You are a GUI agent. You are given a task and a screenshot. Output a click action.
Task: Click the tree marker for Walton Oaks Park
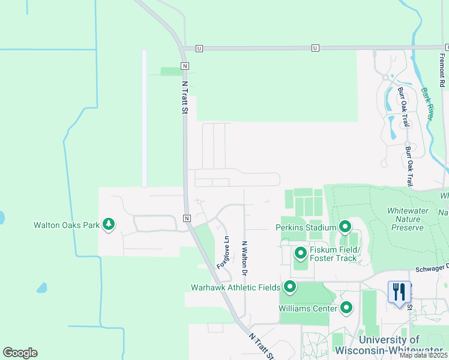point(109,225)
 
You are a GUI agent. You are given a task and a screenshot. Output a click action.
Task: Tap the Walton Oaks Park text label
point(67,226)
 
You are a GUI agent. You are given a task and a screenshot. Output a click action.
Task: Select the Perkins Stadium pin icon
point(345,227)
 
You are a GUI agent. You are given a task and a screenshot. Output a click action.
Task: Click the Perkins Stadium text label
point(306,228)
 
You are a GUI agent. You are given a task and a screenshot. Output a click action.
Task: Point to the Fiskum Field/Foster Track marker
point(301,254)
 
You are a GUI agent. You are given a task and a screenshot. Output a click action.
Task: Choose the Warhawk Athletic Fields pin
point(290,287)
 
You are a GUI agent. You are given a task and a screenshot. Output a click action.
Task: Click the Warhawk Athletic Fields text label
point(235,287)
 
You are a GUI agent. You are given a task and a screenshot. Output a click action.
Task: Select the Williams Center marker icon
point(346,308)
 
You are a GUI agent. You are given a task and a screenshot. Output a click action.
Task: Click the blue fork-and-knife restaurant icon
point(399,292)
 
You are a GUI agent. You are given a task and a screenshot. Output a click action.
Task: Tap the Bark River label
point(427,103)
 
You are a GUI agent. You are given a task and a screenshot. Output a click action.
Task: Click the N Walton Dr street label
point(245,259)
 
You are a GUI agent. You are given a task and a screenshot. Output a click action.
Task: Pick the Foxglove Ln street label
point(223,255)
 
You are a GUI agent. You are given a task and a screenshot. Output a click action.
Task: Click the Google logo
point(20,352)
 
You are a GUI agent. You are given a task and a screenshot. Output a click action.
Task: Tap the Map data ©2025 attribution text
point(423,355)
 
